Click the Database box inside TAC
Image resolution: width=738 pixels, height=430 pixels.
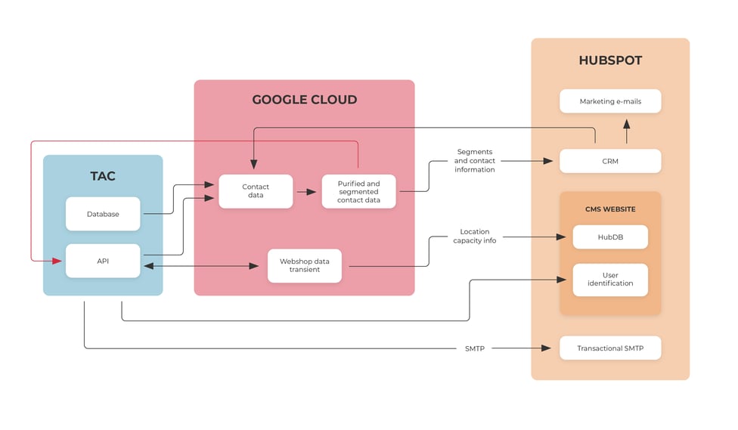(x=103, y=214)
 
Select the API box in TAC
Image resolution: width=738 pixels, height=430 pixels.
(x=103, y=261)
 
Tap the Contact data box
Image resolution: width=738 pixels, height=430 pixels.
(x=256, y=191)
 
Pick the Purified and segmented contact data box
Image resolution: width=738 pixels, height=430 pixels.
(x=358, y=191)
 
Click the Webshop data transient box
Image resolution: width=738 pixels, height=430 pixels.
(x=305, y=265)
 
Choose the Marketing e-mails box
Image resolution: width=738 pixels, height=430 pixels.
(x=610, y=101)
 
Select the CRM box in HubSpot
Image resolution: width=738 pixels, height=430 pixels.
(x=610, y=161)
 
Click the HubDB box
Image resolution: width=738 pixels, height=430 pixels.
(x=610, y=237)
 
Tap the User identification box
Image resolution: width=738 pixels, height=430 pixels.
(x=610, y=280)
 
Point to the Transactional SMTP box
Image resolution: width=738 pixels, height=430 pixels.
(x=610, y=348)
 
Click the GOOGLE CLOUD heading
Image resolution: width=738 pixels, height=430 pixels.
(x=305, y=100)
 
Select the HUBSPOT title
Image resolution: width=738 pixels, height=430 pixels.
(x=610, y=60)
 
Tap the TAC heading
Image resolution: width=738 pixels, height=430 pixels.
(x=103, y=176)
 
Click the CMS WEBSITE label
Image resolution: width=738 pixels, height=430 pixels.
(x=610, y=209)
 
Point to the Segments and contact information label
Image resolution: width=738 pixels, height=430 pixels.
(x=474, y=160)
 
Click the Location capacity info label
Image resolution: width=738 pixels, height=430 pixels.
(x=474, y=236)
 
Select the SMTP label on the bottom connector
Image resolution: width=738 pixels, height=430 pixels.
(x=474, y=348)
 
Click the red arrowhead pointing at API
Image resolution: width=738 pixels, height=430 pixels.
(x=57, y=261)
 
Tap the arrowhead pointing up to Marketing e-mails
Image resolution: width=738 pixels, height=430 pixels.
(x=626, y=124)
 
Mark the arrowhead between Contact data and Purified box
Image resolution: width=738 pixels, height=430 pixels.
(x=311, y=191)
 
